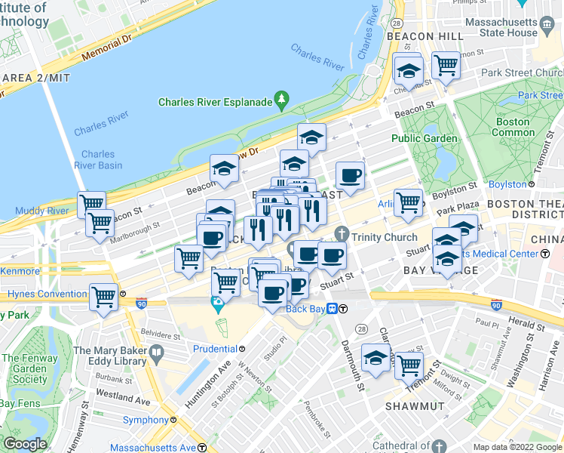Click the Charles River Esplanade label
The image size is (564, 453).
point(214,103)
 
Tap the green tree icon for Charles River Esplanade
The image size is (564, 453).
point(282,98)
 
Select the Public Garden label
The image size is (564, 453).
point(424,138)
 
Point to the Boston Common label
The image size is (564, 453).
point(513,127)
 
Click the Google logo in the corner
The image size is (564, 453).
point(25,444)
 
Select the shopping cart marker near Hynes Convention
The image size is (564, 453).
point(103,296)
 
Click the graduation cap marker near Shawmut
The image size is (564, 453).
point(375,358)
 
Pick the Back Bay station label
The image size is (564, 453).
point(310,308)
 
